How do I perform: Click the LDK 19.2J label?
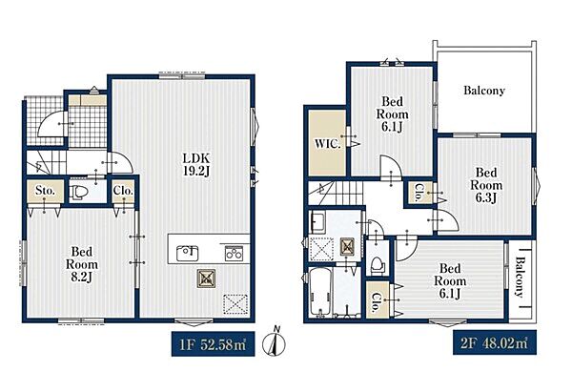pyautogui.click(x=196, y=165)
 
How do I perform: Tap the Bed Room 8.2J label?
pyautogui.click(x=82, y=264)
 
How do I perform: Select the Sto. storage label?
pyautogui.click(x=45, y=191)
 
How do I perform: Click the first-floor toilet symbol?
pyautogui.click(x=78, y=192)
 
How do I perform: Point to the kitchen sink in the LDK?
pyautogui.click(x=187, y=253)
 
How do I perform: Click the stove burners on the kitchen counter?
pyautogui.click(x=234, y=253)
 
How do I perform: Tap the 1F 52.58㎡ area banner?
pyautogui.click(x=213, y=344)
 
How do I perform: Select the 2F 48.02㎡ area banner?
pyautogui.click(x=494, y=342)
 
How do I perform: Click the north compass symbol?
pyautogui.click(x=276, y=341)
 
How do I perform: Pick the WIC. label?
pyautogui.click(x=328, y=143)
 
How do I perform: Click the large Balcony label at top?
pyautogui.click(x=484, y=91)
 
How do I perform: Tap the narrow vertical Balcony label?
pyautogui.click(x=520, y=277)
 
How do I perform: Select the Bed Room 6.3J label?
pyautogui.click(x=486, y=185)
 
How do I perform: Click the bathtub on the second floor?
pyautogui.click(x=320, y=293)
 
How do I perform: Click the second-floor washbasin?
pyautogui.click(x=318, y=221)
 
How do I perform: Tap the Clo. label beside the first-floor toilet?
pyautogui.click(x=123, y=191)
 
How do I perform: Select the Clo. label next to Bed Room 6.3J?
pyautogui.click(x=419, y=193)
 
